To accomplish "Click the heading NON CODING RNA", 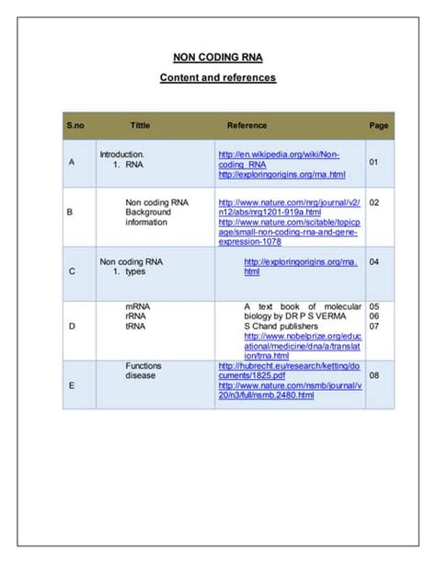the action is [218, 57].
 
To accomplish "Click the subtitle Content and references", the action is [218, 78].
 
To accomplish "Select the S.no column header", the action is [75, 125].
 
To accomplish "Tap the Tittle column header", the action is [140, 125].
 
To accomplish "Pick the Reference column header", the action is [247, 125].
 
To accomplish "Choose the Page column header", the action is [378, 125].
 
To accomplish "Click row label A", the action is [72, 163].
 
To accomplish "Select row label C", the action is [72, 271].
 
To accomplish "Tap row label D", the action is [72, 326].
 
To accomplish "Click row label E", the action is [72, 385].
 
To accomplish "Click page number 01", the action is [373, 163].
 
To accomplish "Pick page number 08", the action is [373, 375].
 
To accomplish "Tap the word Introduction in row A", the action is [121, 154].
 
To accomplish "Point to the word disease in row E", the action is [141, 375].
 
